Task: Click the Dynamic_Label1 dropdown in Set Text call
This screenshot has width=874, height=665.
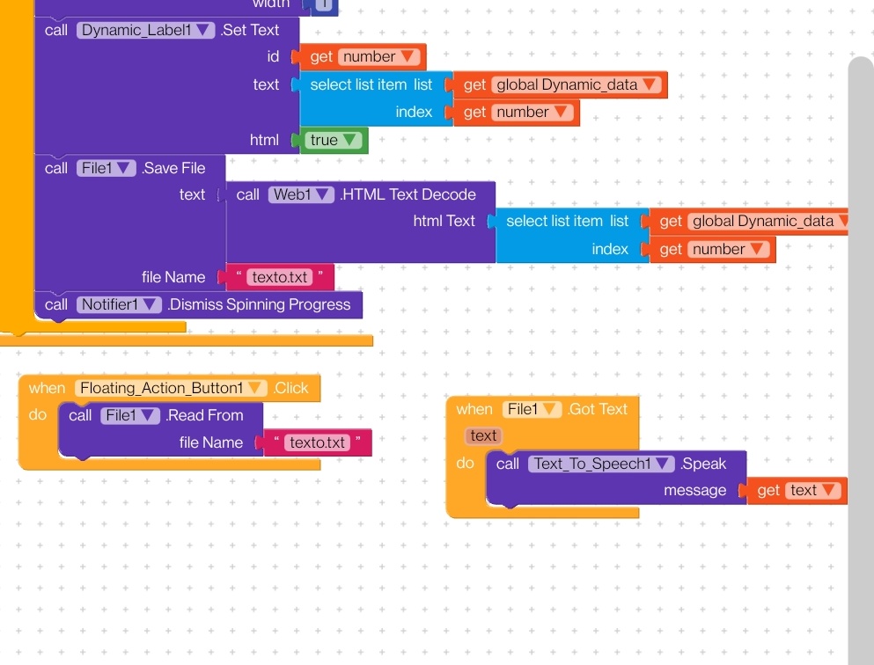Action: pyautogui.click(x=145, y=30)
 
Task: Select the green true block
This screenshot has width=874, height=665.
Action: pyautogui.click(x=333, y=141)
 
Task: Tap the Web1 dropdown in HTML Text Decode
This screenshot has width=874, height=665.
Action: pyautogui.click(x=301, y=194)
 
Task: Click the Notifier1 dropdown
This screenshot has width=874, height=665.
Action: pyautogui.click(x=119, y=304)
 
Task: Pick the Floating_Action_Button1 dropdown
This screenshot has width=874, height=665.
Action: pyautogui.click(x=171, y=388)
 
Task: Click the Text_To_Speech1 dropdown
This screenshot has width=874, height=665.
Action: pyautogui.click(x=601, y=464)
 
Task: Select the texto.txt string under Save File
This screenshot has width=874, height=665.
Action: pyautogui.click(x=279, y=277)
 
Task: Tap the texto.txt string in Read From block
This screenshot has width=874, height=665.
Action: pyautogui.click(x=317, y=442)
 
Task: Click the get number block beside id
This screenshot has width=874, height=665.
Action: pyautogui.click(x=363, y=57)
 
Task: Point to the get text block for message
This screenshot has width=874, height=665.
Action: pyautogui.click(x=797, y=490)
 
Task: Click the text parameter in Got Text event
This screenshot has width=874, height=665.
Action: pyautogui.click(x=483, y=435)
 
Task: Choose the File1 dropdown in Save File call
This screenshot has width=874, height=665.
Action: pyautogui.click(x=106, y=168)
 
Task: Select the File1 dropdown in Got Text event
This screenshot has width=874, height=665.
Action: pyautogui.click(x=532, y=409)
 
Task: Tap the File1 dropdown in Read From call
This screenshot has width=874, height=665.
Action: pyautogui.click(x=130, y=415)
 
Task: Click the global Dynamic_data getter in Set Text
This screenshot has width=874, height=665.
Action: pyautogui.click(x=560, y=84)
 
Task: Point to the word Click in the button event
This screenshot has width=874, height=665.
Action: pyautogui.click(x=291, y=388)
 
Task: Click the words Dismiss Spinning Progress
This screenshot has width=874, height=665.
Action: pyautogui.click(x=260, y=304)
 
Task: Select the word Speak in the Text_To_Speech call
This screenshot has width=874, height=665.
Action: pyautogui.click(x=703, y=464)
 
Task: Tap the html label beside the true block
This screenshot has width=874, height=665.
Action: pyautogui.click(x=264, y=141)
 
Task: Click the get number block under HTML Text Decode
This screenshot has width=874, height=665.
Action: pyautogui.click(x=712, y=249)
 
